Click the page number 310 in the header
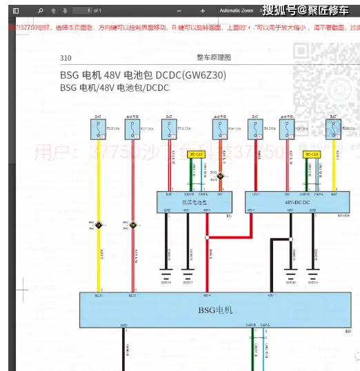click(66, 58)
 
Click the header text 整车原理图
click(213, 58)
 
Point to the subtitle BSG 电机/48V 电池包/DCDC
click(114, 88)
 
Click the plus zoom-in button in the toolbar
click(202, 11)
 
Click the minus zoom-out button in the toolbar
click(163, 11)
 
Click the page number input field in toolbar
click(82, 11)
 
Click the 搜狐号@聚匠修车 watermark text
click(308, 11)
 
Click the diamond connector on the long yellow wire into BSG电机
click(99, 225)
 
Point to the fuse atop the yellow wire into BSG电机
click(99, 128)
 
